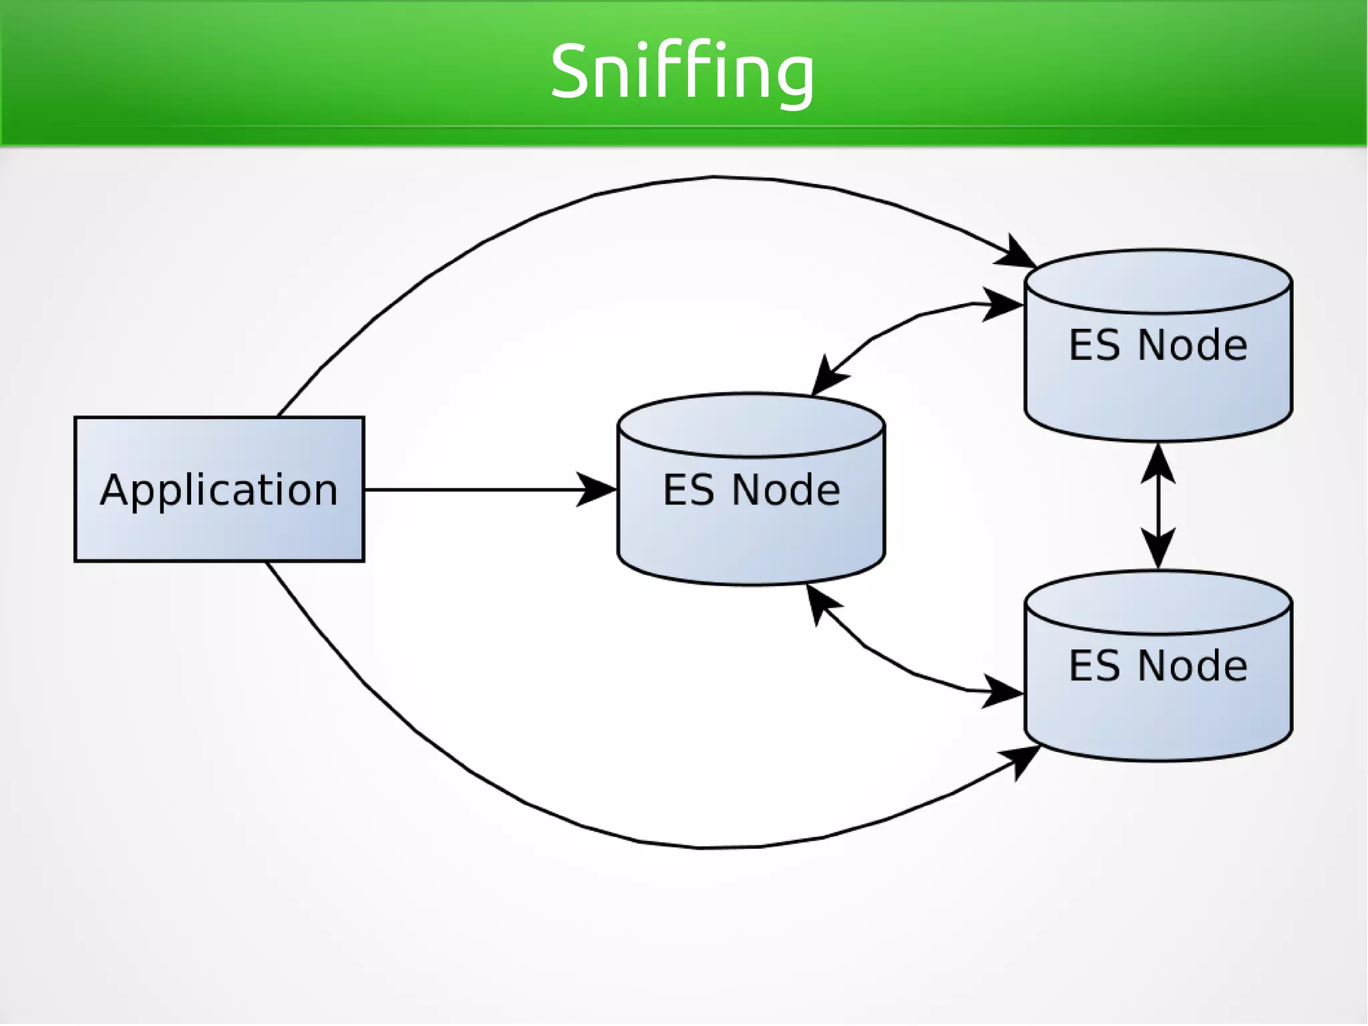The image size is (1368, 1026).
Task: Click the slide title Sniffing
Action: point(682,72)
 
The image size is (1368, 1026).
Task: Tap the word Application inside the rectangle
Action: point(219,490)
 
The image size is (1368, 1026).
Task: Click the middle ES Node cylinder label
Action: point(751,490)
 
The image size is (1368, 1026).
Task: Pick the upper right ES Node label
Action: point(1158,346)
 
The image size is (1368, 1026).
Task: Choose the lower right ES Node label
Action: point(1158,666)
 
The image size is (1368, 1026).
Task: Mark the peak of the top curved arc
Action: point(715,177)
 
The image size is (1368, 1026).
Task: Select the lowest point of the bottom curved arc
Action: point(701,848)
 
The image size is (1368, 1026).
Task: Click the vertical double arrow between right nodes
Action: point(1158,506)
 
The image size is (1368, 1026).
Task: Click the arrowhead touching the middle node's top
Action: point(827,378)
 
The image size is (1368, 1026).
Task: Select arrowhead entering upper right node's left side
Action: point(1002,305)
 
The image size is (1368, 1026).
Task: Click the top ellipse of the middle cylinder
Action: point(751,426)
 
